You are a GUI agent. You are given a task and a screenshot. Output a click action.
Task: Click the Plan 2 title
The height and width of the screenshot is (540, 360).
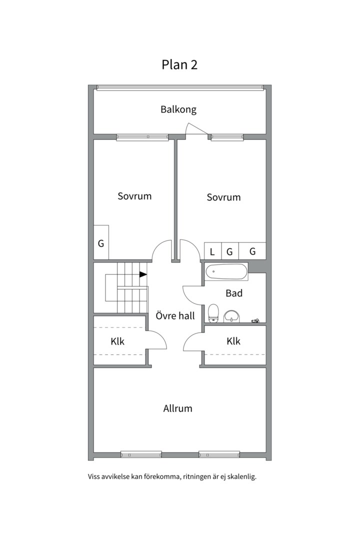179,64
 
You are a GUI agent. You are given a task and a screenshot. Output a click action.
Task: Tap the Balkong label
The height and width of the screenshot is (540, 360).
178,109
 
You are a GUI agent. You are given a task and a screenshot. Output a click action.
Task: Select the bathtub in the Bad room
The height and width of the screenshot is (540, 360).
226,271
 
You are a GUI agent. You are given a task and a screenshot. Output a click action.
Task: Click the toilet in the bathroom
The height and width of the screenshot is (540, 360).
213,313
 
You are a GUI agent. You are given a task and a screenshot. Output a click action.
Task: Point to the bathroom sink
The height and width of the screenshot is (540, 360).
231,316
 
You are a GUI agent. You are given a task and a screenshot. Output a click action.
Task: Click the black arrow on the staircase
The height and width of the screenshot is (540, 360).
143,274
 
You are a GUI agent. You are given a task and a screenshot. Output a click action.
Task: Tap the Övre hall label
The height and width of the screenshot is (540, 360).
175,315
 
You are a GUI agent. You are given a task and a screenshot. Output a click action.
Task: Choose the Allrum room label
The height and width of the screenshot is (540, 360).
178,408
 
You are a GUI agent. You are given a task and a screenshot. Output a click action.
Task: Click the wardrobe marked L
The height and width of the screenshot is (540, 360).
212,251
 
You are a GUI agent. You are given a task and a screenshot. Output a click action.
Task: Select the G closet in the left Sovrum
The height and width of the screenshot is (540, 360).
101,242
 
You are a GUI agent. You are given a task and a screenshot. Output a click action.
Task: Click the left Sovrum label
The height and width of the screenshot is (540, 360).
134,196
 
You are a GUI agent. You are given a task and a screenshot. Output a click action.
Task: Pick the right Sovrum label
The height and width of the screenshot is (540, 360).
223,197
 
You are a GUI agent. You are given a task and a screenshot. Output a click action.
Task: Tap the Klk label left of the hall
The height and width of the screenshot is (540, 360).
117,341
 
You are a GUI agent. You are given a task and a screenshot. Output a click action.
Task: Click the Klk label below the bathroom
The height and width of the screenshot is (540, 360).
233,341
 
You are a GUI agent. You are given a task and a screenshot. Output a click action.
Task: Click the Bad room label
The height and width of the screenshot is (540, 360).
234,293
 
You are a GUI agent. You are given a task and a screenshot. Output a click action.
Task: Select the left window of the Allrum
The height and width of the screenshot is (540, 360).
141,454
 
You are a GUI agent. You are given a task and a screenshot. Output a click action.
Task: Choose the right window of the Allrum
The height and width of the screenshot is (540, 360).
219,454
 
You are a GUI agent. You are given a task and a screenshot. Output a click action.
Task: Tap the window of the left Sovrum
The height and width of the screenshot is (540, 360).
142,137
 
